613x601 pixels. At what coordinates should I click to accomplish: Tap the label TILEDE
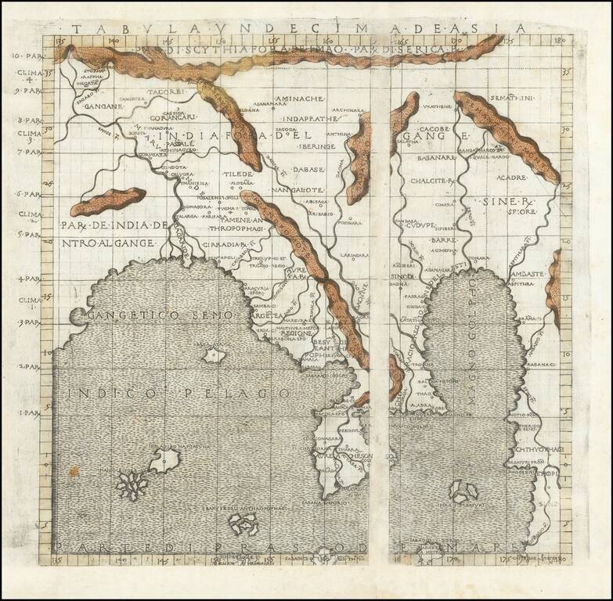233,174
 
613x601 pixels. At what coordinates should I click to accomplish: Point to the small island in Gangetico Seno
212,357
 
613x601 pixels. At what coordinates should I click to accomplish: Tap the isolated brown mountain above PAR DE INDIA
108,201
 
